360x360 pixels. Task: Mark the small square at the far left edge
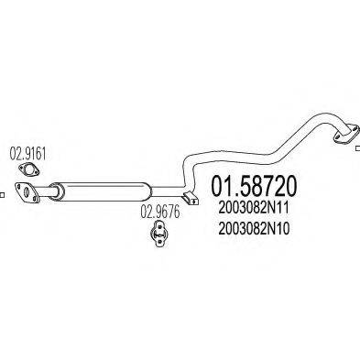[4, 193]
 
